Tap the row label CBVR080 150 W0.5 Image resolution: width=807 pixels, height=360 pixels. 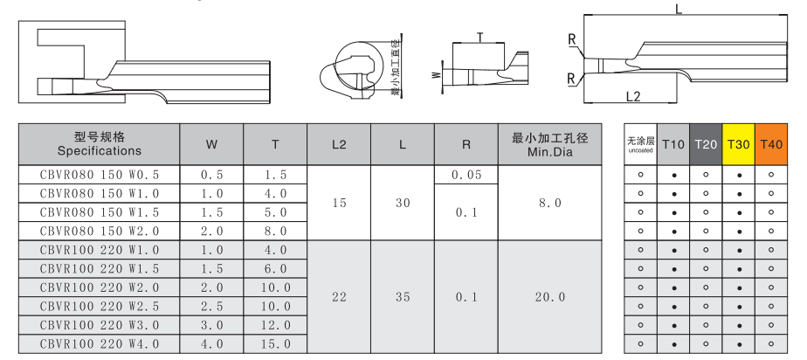pos(100,175)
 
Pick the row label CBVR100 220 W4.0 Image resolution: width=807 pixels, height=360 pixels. pos(100,343)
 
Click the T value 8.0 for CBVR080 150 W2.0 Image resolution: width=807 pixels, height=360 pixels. pos(275,232)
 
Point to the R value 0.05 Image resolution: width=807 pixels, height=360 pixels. pos(466,175)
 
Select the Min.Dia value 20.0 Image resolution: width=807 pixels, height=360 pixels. pos(549,297)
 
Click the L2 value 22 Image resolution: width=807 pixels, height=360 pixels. pos(339,297)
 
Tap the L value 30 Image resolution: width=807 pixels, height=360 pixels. pos(403,203)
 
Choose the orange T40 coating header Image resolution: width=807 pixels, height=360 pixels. pos(771,144)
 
